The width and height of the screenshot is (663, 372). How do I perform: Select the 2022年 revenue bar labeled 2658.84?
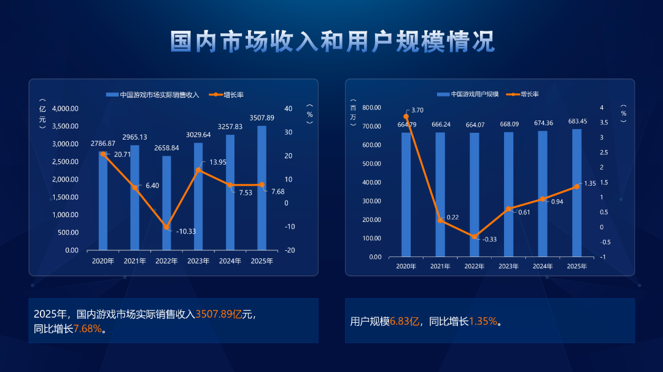166,203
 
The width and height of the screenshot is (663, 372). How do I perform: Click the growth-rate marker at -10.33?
166,227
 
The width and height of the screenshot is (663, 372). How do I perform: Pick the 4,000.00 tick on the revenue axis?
65,108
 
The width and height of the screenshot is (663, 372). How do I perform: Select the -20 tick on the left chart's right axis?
289,250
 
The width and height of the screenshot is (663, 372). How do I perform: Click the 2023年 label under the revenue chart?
198,261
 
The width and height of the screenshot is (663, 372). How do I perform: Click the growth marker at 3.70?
406,116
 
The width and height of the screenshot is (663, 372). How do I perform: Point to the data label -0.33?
490,239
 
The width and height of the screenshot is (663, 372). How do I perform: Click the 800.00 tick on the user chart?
371,108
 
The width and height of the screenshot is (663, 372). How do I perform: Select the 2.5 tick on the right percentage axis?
603,152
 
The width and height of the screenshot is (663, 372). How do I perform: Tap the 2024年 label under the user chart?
543,266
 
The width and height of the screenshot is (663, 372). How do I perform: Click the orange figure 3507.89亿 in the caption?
219,314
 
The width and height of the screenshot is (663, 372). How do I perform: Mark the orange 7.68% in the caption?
88,328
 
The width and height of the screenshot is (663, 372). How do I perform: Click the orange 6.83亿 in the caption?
405,321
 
